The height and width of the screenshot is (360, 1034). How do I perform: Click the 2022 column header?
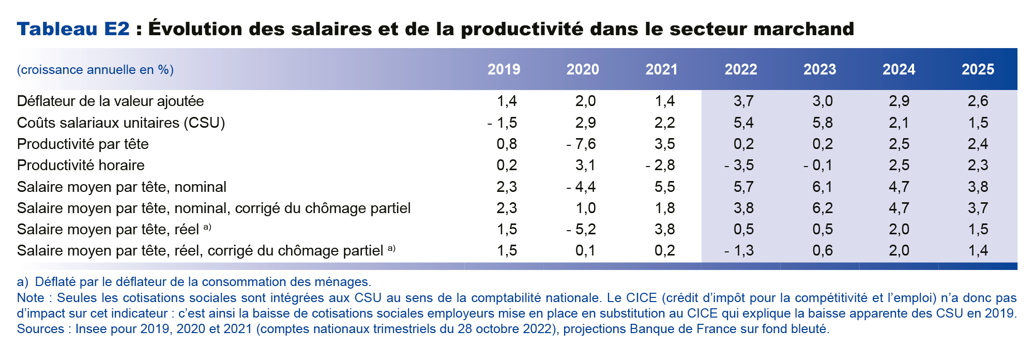point(740,69)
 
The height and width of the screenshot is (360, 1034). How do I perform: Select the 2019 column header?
point(504,69)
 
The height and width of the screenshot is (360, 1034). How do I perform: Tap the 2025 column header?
point(977,69)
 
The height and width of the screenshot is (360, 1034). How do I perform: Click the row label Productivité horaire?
point(81,166)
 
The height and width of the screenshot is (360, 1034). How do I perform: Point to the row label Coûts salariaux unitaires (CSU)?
point(121,123)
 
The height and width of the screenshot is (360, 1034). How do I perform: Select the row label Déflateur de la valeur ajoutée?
point(110,101)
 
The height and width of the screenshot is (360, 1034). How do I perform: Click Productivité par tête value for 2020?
point(581,144)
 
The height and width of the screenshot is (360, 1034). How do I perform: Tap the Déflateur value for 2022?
point(743,101)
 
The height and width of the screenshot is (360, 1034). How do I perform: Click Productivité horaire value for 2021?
point(660,166)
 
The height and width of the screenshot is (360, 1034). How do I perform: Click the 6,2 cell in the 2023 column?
point(822,208)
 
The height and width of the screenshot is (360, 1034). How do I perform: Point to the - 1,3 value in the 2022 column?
point(739,251)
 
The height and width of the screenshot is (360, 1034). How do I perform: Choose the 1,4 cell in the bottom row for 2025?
point(977,251)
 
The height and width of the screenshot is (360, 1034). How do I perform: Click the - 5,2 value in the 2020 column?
point(581,230)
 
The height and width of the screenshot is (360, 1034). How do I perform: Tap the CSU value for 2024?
point(899,123)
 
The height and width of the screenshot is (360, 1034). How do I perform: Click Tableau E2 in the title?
point(73,29)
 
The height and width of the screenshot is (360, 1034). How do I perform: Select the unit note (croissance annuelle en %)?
point(95,70)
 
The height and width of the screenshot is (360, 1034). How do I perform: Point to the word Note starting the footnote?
point(30,298)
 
